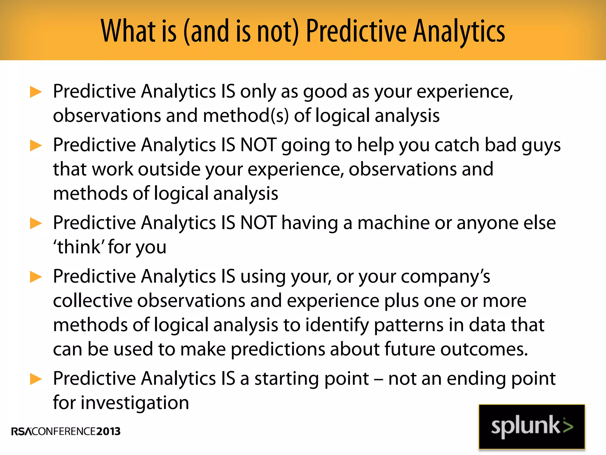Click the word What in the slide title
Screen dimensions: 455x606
point(128,31)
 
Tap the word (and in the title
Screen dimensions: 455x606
point(206,31)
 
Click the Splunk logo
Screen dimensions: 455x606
point(532,427)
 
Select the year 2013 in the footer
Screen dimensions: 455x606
point(108,431)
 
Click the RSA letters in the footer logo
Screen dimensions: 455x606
point(21,432)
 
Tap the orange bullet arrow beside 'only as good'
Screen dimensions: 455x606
point(36,92)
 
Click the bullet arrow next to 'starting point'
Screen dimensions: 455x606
point(36,379)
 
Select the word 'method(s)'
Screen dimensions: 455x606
point(246,116)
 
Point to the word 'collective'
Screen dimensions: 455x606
point(93,301)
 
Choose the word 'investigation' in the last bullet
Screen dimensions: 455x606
point(135,403)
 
